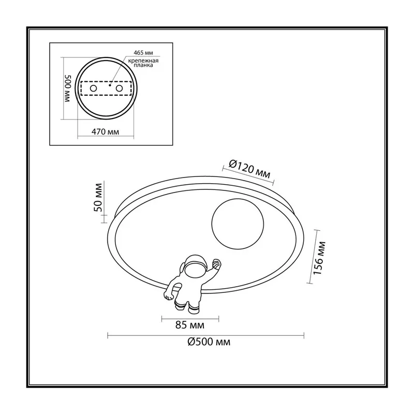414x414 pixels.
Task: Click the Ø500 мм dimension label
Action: tap(209, 342)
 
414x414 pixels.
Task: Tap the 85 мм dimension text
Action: tap(190, 325)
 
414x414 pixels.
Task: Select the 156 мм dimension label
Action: tap(319, 257)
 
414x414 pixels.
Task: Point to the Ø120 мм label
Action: tap(249, 169)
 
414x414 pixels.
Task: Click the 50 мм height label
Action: tap(98, 197)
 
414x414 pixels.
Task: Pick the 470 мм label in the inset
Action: tap(105, 131)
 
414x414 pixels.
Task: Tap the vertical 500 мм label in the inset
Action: tap(68, 88)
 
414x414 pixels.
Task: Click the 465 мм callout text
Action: tap(143, 53)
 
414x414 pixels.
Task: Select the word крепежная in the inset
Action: tap(143, 61)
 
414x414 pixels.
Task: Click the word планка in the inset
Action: tap(143, 65)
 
